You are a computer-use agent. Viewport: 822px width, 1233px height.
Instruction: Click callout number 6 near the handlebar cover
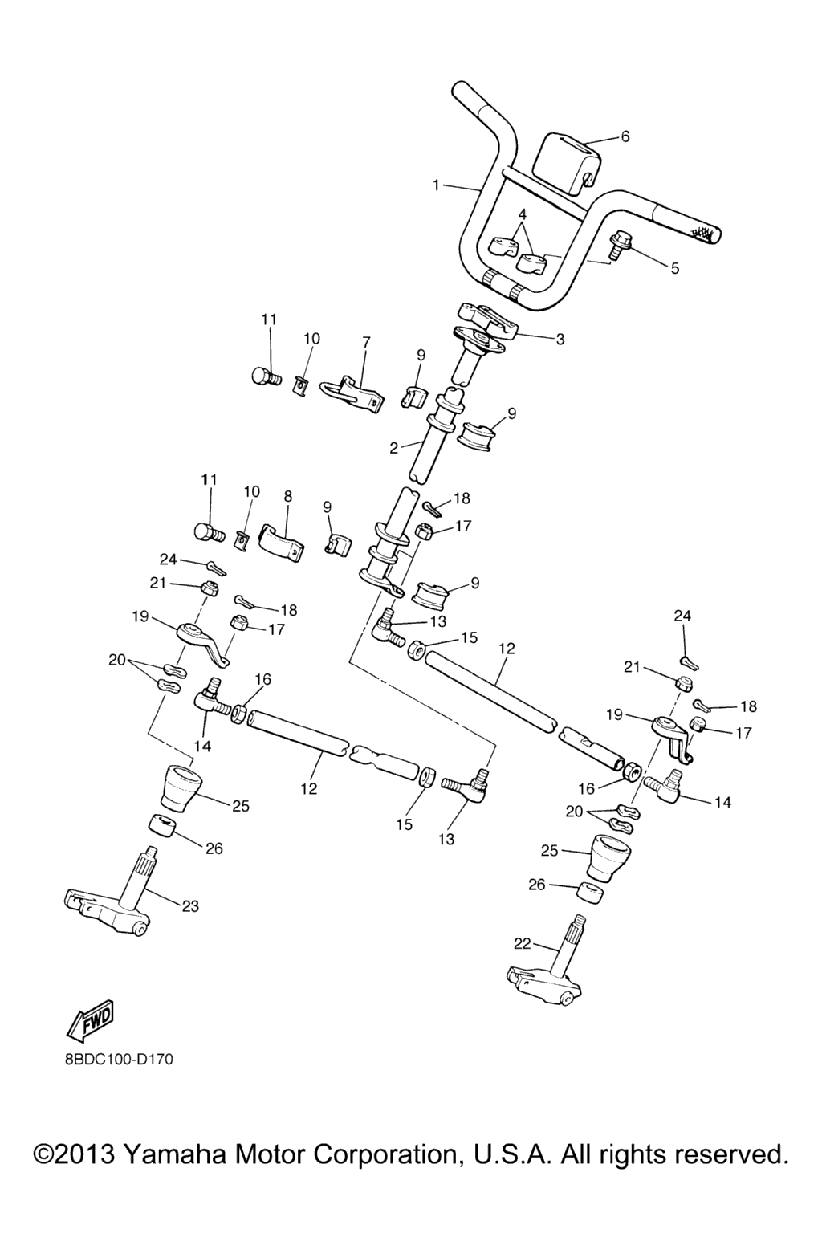point(625,136)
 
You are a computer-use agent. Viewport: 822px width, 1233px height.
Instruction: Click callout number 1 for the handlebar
point(437,185)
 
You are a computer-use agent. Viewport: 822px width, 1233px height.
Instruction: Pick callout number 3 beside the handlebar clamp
point(560,340)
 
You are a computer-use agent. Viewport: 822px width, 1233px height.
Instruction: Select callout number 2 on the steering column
point(394,448)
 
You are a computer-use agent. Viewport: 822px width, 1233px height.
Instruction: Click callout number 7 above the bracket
point(366,342)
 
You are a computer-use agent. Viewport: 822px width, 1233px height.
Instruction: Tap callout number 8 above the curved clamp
point(288,497)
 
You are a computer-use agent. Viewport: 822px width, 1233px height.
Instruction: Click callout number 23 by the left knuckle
point(190,906)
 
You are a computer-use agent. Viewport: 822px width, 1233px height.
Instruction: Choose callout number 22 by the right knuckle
point(523,943)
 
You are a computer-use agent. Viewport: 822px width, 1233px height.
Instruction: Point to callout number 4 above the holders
point(523,214)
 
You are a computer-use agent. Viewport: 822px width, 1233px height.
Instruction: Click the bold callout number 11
point(210,479)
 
